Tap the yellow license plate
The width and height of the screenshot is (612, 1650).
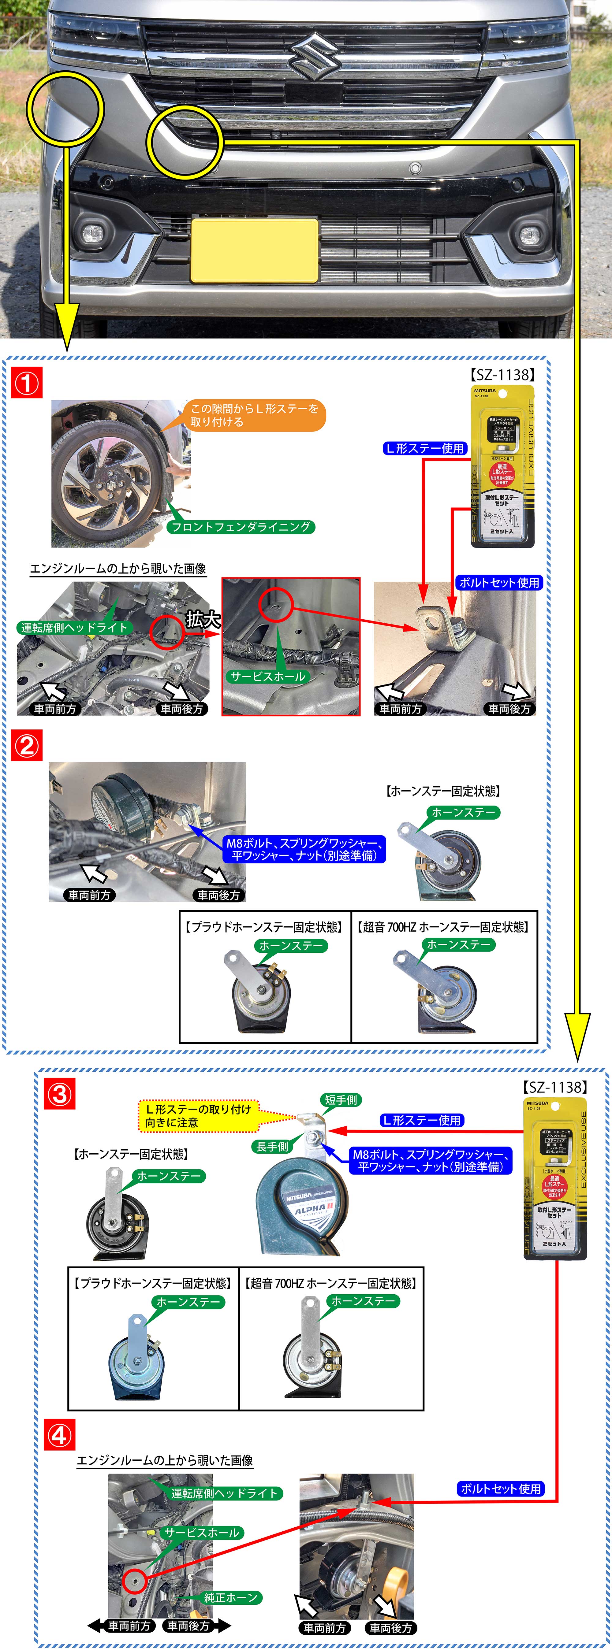[254, 250]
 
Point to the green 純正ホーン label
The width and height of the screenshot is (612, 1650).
[231, 1597]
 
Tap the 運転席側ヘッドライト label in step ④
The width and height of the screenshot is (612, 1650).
[224, 1493]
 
